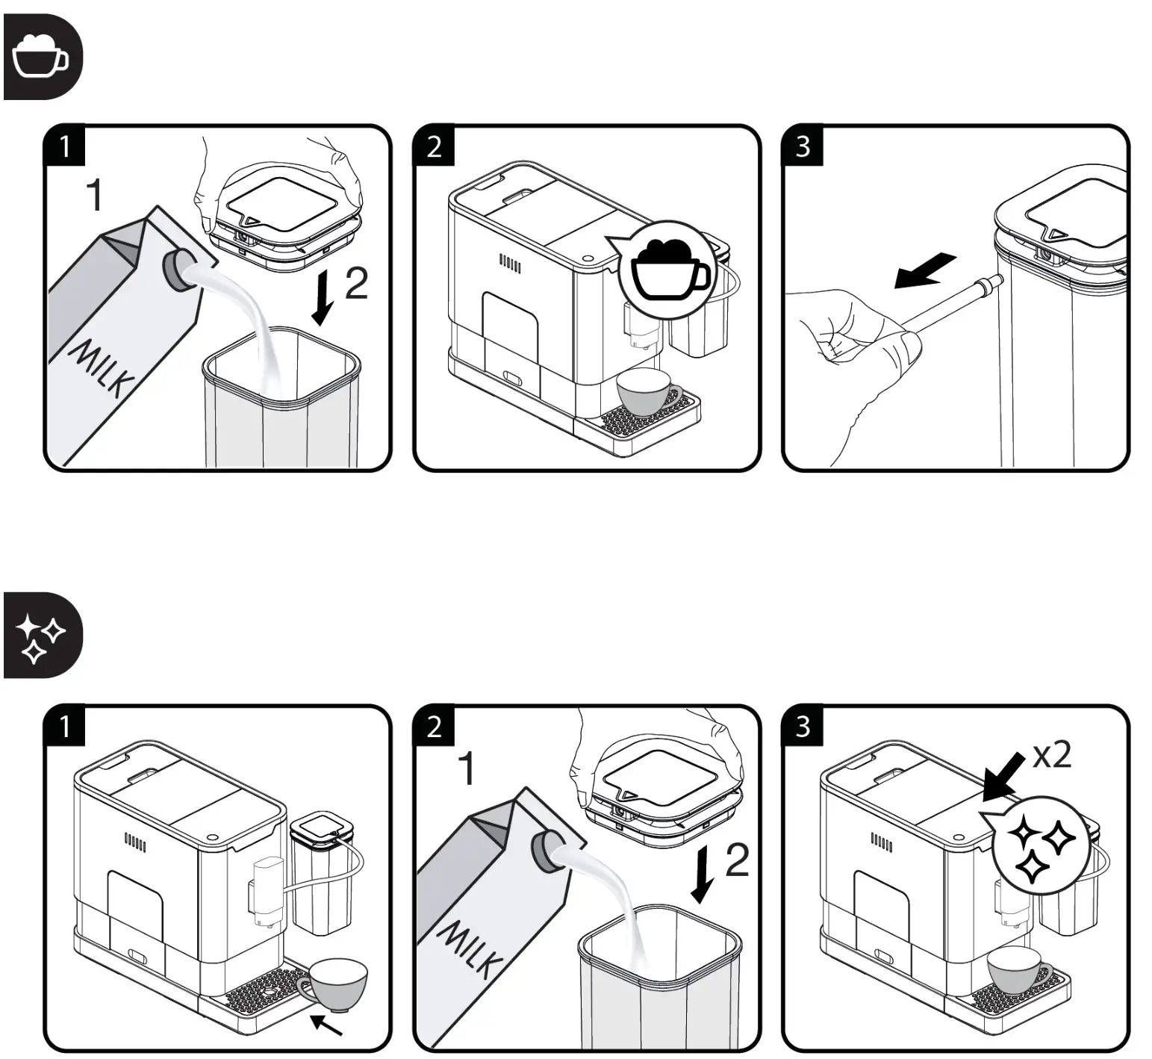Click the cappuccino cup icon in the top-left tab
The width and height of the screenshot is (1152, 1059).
click(x=41, y=56)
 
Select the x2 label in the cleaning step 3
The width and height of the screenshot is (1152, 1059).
click(x=1052, y=756)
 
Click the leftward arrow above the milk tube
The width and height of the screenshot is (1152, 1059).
click(x=924, y=271)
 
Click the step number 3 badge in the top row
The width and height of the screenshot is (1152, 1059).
click(x=803, y=146)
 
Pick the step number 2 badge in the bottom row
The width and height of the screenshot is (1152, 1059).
click(x=434, y=726)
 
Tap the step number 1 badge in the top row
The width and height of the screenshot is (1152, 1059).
click(x=64, y=146)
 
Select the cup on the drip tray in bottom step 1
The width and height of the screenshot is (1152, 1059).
click(x=336, y=981)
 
